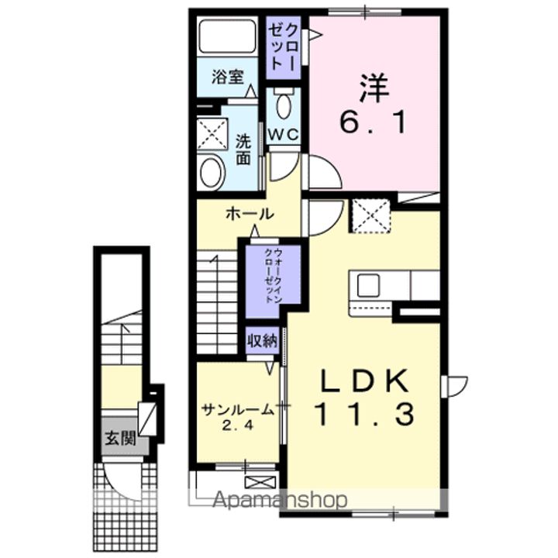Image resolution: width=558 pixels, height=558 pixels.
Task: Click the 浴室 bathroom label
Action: tap(228, 77)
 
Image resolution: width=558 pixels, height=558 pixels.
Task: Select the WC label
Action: tap(283, 134)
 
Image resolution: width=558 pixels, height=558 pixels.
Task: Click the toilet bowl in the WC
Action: tap(284, 106)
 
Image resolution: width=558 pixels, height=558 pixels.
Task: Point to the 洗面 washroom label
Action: tap(243, 150)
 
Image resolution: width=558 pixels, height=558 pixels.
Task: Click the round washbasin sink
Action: tap(212, 171)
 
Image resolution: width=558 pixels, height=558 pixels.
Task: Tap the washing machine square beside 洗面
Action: tap(210, 134)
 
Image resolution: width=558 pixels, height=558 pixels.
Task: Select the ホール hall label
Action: tap(248, 214)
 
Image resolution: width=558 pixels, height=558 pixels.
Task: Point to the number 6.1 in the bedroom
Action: tap(374, 122)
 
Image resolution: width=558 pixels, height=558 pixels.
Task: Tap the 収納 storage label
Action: tap(261, 341)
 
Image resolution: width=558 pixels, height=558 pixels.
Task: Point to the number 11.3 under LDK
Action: tap(364, 415)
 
